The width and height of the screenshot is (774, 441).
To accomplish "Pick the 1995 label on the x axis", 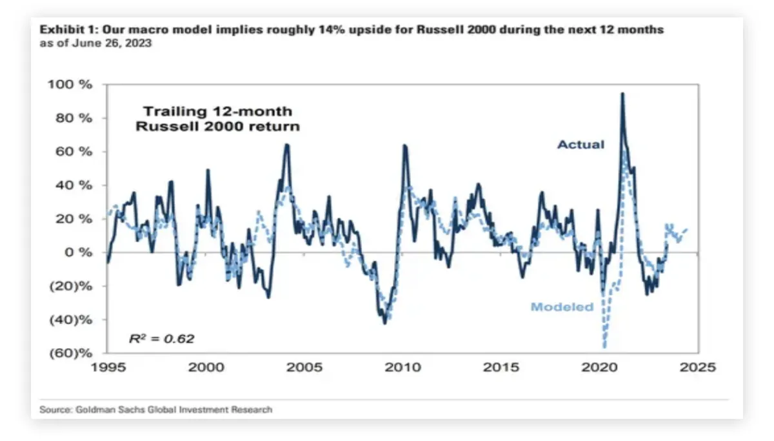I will (107, 367).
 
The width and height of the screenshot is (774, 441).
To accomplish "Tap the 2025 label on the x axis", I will (699, 367).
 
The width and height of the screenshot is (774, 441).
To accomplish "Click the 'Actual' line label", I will (580, 145).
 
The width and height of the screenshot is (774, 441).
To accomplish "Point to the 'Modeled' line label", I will (562, 307).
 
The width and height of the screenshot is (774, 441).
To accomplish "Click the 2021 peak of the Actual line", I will (622, 94).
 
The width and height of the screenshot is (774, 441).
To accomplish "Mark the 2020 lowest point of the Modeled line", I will (605, 347).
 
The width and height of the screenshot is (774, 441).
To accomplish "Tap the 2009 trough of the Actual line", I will (385, 323).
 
